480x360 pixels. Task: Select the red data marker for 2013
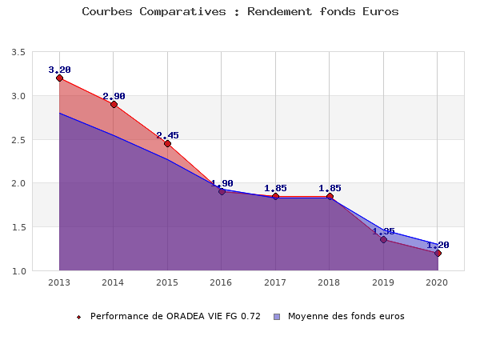coord(59,78)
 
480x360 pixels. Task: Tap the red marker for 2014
coord(114,104)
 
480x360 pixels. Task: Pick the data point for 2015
coord(167,143)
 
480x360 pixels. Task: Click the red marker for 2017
coord(275,196)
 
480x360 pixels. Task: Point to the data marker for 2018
coord(330,196)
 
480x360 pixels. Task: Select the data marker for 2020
coord(438,253)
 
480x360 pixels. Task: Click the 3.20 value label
coord(59,70)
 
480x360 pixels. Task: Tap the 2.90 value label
coord(114,96)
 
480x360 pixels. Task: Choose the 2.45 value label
coord(167,135)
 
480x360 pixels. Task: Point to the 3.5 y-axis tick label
coord(18,52)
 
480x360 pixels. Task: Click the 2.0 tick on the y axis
coord(18,183)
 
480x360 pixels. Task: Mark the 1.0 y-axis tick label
coord(18,271)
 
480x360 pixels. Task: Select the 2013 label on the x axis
coord(59,282)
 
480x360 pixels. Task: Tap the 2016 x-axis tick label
coord(221,282)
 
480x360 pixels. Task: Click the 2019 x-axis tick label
coord(383,282)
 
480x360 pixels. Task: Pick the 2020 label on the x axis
coord(437,282)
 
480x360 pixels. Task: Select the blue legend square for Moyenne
coord(278,317)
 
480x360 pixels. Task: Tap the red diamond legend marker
coord(78,317)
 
